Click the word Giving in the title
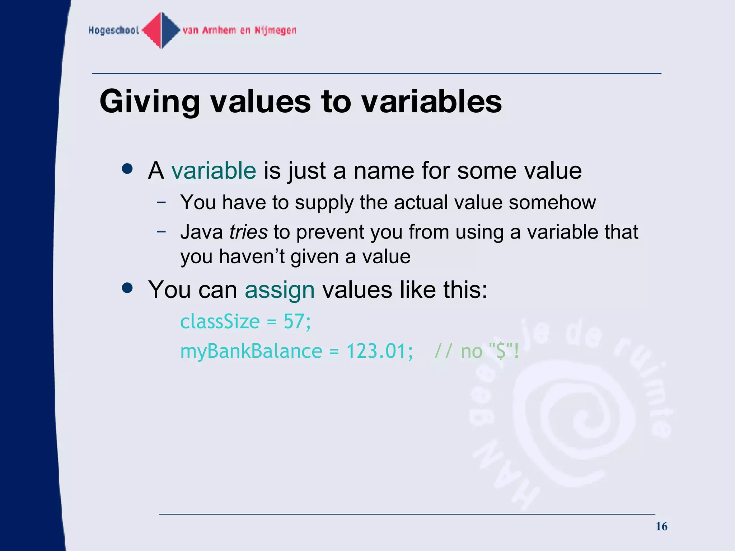(150, 102)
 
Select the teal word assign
(280, 290)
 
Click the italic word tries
(248, 232)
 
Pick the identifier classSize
(220, 321)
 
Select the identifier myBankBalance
(251, 351)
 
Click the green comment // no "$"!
(477, 351)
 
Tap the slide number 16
(661, 526)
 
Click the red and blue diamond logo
(161, 30)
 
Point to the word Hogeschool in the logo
(114, 30)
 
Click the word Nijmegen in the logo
(275, 30)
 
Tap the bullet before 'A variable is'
(127, 169)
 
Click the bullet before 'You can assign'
(127, 288)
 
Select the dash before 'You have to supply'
(161, 202)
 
